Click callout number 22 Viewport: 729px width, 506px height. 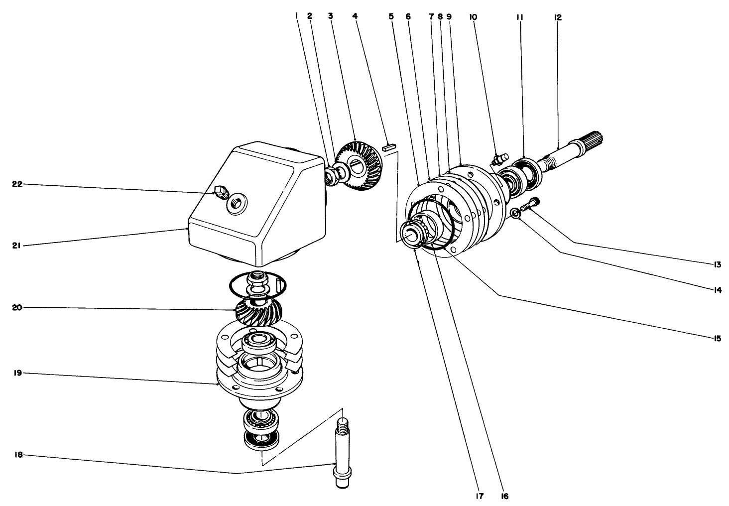[x=17, y=184]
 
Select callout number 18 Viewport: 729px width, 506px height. [x=17, y=455]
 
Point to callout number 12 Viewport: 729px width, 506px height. [x=557, y=17]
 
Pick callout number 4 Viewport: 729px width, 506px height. [x=355, y=16]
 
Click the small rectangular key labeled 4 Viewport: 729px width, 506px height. [x=388, y=147]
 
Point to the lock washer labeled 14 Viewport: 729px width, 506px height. [x=516, y=214]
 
